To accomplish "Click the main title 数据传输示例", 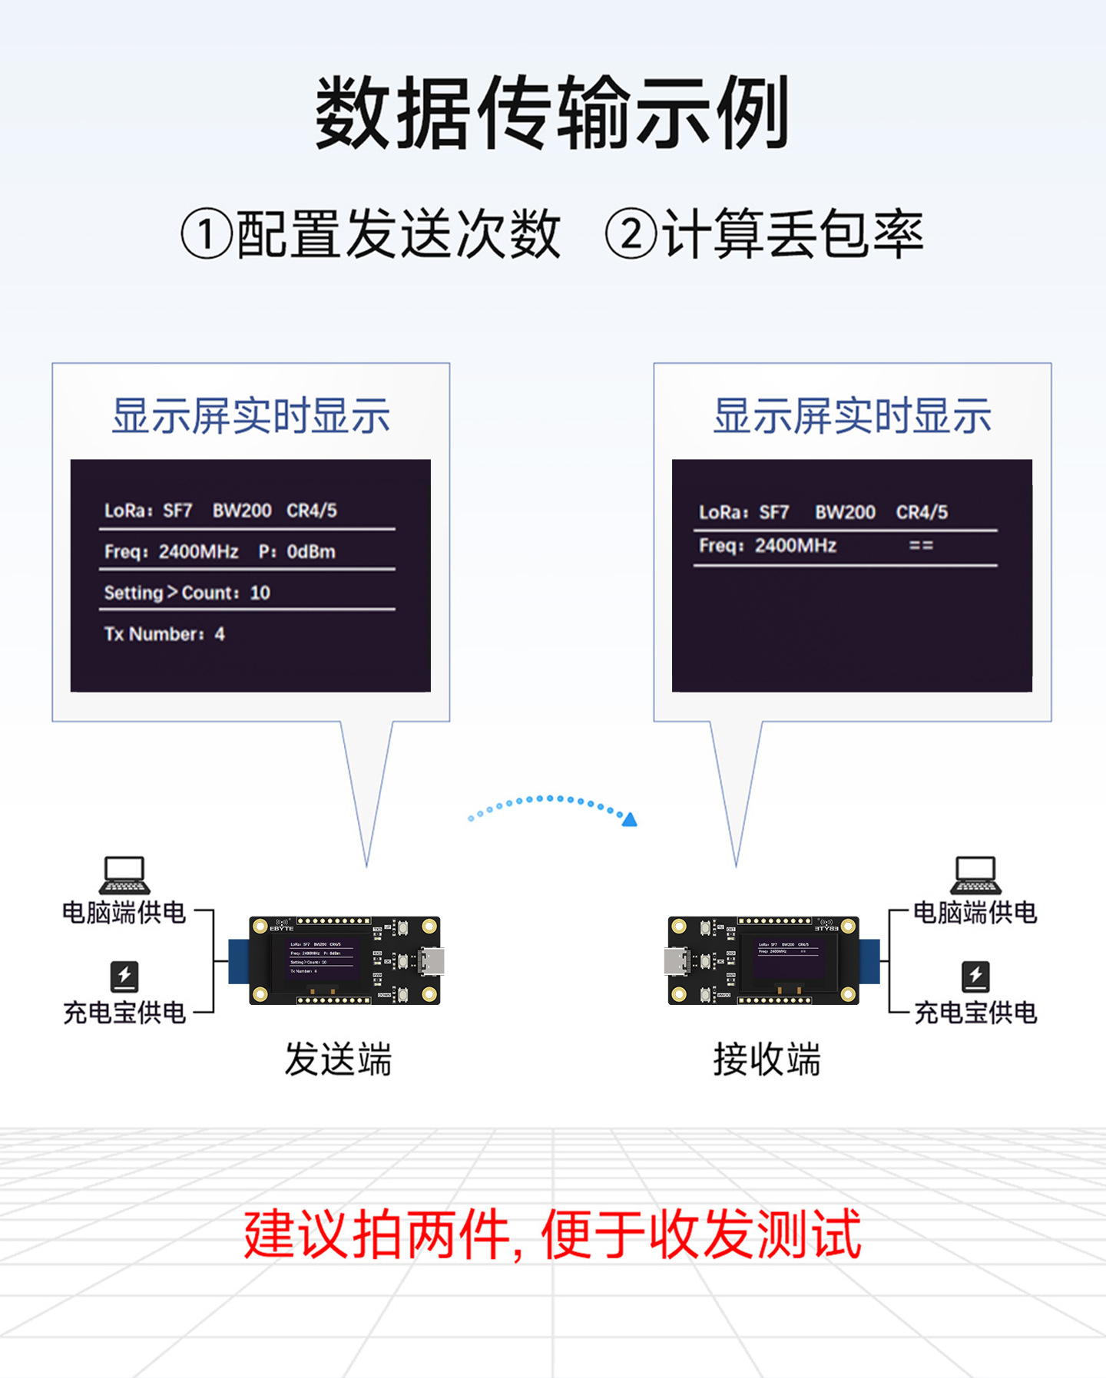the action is [552, 113].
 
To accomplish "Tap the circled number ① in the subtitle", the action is [206, 234].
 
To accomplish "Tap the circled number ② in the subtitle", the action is [631, 234].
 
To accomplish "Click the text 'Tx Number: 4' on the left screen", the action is [164, 634].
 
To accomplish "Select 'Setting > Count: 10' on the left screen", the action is [187, 593].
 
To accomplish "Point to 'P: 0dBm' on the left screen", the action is [297, 552].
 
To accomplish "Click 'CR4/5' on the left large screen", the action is [312, 511].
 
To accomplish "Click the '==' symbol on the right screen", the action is [921, 546].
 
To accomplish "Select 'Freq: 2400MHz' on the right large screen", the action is [767, 546].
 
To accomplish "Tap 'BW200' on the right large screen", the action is [845, 512].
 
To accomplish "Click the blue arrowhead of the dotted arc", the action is [630, 820].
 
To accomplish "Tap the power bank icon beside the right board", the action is [975, 976].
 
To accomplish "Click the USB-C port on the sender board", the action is [431, 961].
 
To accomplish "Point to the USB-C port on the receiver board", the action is [676, 961].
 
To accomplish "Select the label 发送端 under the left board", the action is [338, 1059].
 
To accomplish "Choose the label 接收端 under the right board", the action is [767, 1059].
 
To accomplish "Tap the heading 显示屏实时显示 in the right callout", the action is [852, 416].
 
